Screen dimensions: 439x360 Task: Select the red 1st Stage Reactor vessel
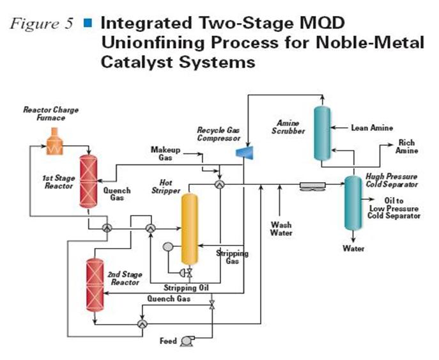pyautogui.click(x=88, y=182)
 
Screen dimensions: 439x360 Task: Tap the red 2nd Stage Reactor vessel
pyautogui.click(x=95, y=285)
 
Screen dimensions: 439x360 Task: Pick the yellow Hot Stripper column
pyautogui.click(x=190, y=229)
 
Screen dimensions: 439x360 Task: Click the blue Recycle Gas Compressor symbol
pyautogui.click(x=245, y=152)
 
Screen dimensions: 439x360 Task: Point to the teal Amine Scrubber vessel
pyautogui.click(x=322, y=134)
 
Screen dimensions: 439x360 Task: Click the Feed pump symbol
pyautogui.click(x=187, y=341)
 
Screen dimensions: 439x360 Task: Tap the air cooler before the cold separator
pyautogui.click(x=312, y=187)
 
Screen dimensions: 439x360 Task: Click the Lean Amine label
pyautogui.click(x=372, y=128)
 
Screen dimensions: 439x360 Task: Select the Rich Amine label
pyautogui.click(x=406, y=146)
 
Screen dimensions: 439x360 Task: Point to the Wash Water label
pyautogui.click(x=281, y=229)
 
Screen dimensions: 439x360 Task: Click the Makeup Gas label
pyautogui.click(x=166, y=153)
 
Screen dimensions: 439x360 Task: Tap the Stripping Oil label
pyautogui.click(x=186, y=288)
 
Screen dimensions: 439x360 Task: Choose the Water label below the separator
pyautogui.click(x=353, y=249)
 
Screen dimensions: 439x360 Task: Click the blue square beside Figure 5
pyautogui.click(x=88, y=22)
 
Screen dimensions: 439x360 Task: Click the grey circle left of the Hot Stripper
pyautogui.click(x=167, y=247)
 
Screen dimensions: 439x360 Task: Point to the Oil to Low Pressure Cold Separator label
pyautogui.click(x=394, y=208)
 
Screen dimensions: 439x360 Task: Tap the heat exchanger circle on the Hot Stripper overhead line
pyautogui.click(x=220, y=184)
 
